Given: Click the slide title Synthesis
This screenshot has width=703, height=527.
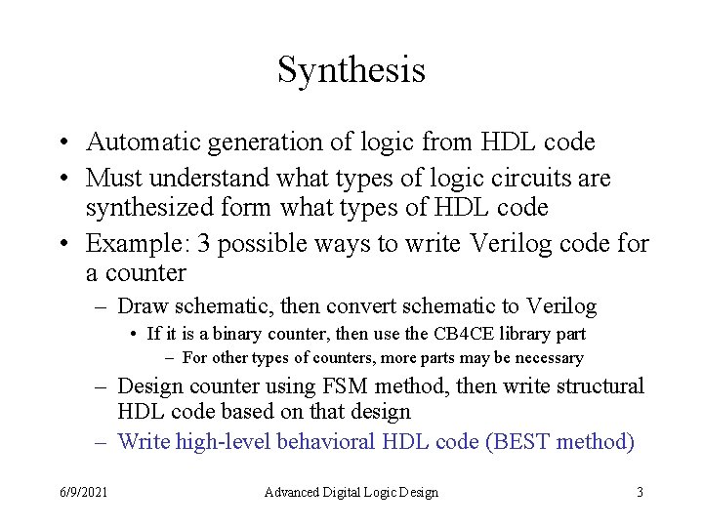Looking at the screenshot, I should click(x=351, y=70).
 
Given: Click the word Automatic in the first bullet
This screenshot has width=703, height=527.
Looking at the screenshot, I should click(x=145, y=142).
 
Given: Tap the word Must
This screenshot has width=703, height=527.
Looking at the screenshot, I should click(x=112, y=179).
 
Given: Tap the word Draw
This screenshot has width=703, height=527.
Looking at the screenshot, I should click(x=143, y=306).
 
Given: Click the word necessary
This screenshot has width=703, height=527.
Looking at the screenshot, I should click(x=548, y=358).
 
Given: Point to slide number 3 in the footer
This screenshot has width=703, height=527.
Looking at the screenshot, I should click(x=640, y=492).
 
